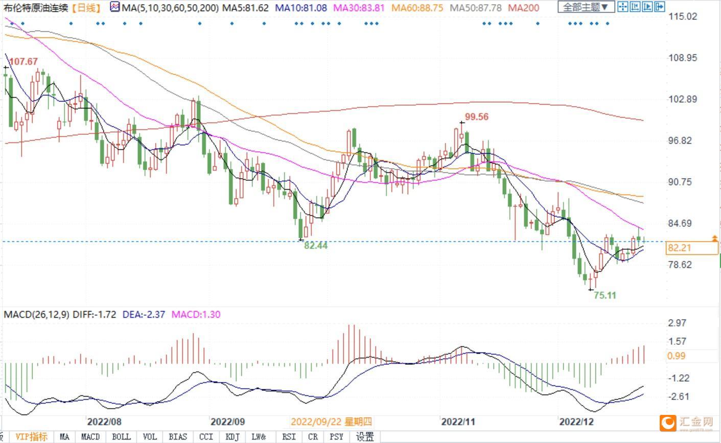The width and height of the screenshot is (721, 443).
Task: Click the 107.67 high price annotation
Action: click(x=24, y=61)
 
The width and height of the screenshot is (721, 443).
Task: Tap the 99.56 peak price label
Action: click(x=477, y=116)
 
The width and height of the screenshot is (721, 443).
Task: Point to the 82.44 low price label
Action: click(x=316, y=246)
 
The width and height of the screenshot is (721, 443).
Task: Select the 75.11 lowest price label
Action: click(x=605, y=295)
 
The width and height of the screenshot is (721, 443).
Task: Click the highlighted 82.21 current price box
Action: click(x=691, y=248)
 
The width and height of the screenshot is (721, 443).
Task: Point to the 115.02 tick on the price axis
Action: click(x=682, y=16)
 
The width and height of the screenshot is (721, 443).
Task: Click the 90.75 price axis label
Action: click(x=680, y=182)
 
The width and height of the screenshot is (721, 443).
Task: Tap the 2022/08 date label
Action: click(x=104, y=422)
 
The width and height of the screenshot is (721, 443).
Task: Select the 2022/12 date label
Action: click(x=576, y=422)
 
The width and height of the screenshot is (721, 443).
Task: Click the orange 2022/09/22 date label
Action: click(x=331, y=422)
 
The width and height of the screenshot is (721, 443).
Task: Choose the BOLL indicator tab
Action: click(x=121, y=437)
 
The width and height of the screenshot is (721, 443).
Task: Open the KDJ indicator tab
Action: click(x=232, y=437)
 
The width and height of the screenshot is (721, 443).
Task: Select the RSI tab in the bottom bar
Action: click(x=289, y=437)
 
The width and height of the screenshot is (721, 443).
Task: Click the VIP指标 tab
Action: click(x=32, y=437)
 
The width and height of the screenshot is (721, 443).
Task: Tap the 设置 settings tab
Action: click(x=365, y=437)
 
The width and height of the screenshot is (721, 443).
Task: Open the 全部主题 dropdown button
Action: click(x=586, y=7)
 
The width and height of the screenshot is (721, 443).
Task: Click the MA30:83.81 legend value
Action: click(x=359, y=8)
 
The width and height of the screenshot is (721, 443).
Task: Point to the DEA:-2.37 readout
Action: click(x=144, y=314)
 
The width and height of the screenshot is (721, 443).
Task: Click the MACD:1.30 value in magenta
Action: click(x=196, y=314)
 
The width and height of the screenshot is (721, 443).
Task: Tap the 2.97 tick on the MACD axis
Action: click(x=677, y=323)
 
